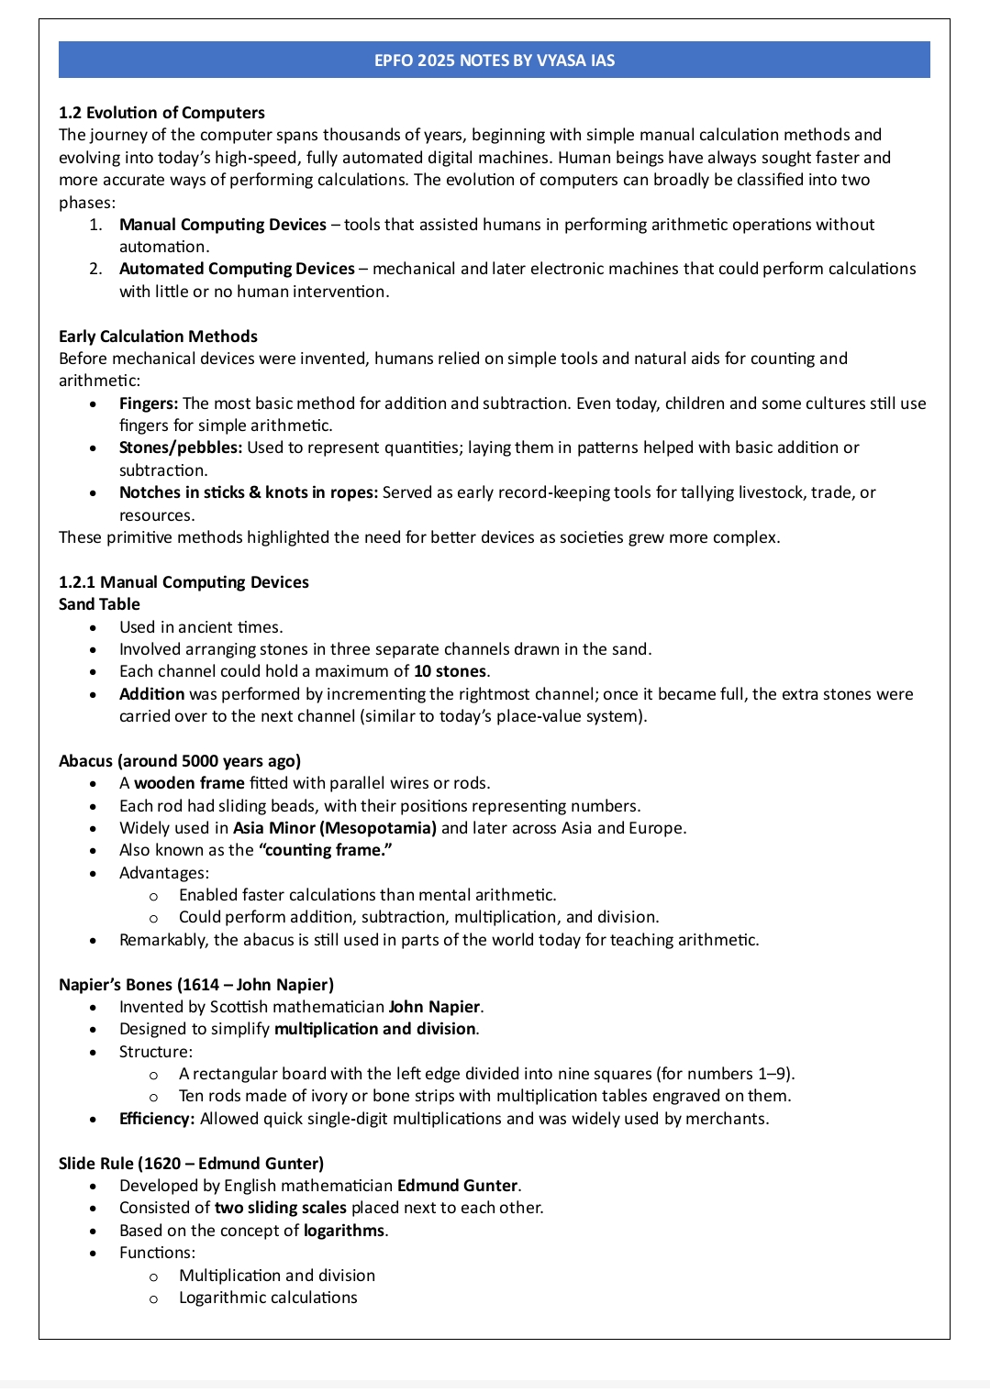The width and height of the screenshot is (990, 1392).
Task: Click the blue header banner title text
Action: (x=495, y=61)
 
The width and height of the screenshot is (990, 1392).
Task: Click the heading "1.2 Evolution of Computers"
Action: (x=161, y=113)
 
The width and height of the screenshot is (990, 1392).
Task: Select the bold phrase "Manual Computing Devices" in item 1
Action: (x=222, y=225)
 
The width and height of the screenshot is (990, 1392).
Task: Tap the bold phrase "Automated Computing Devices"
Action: (x=237, y=269)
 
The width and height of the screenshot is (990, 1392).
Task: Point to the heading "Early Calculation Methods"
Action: (x=158, y=337)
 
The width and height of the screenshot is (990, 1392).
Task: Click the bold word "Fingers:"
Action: (x=149, y=403)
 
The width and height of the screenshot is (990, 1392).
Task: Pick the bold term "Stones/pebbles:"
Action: (x=181, y=447)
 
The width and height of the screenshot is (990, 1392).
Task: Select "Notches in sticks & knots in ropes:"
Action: (x=249, y=492)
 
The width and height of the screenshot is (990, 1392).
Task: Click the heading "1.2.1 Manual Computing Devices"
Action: (x=184, y=582)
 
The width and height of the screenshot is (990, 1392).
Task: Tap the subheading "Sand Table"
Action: (x=99, y=604)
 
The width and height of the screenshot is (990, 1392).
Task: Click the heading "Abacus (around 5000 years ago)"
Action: (x=180, y=761)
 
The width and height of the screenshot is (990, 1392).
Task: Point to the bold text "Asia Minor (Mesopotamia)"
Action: (x=334, y=828)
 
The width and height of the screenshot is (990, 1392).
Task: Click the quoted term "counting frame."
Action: (x=325, y=850)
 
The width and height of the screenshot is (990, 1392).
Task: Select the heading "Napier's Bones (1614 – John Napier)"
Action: (x=196, y=985)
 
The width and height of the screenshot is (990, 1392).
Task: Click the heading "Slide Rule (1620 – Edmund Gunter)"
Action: (x=191, y=1164)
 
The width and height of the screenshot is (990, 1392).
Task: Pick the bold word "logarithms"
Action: (x=344, y=1231)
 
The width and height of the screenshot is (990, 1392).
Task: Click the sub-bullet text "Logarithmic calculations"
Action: (x=268, y=1298)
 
